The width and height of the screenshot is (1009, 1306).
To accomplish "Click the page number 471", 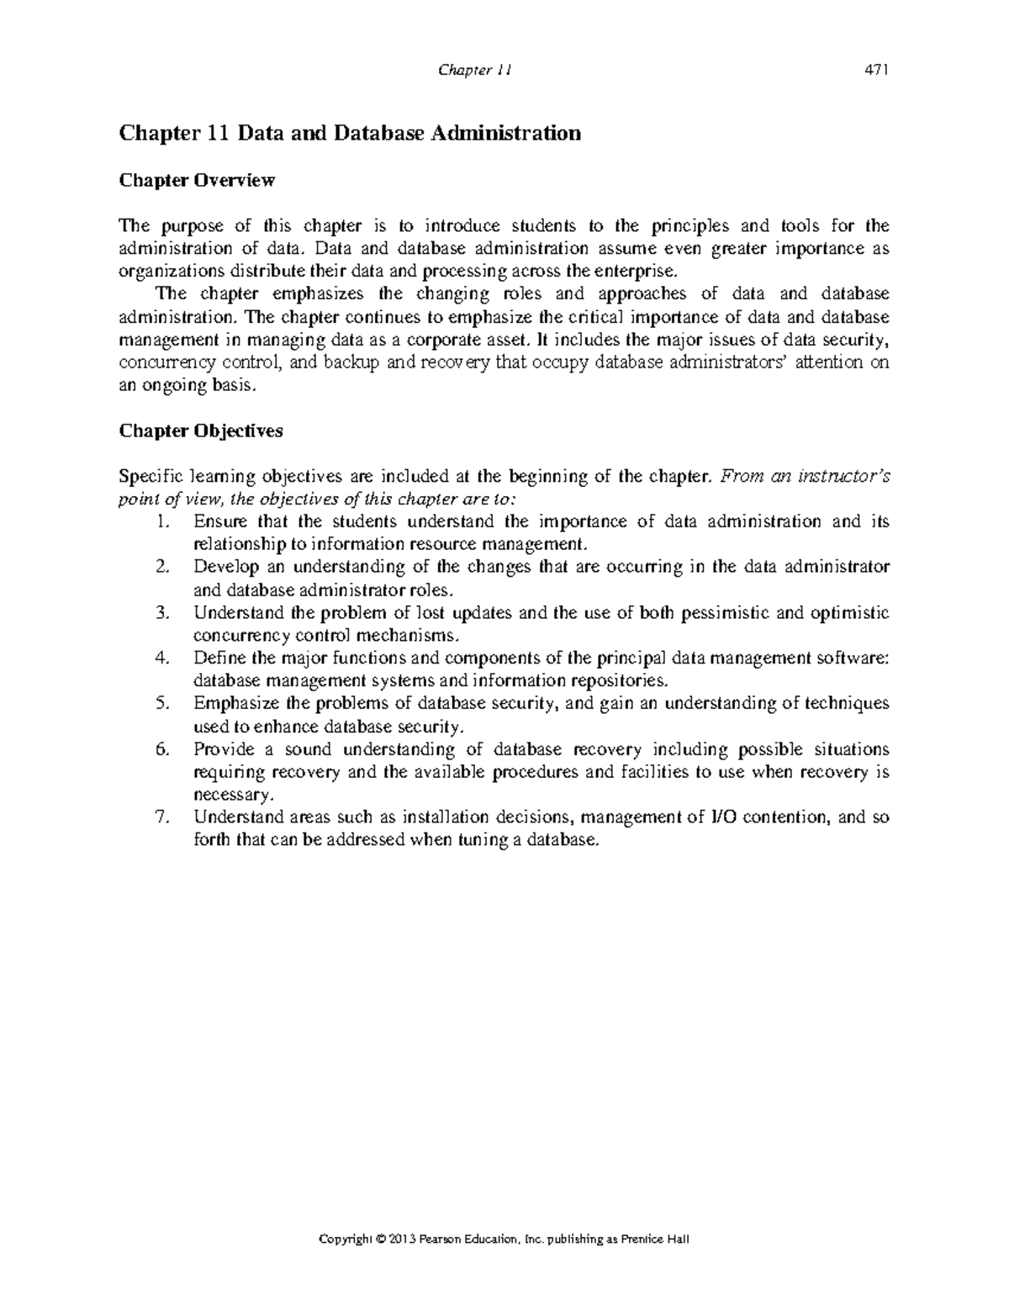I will tap(877, 71).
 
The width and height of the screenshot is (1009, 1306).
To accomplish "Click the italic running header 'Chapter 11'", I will tap(475, 71).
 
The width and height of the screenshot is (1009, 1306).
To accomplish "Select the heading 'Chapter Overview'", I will tap(197, 180).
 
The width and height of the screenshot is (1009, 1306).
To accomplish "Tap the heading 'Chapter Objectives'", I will tap(201, 431).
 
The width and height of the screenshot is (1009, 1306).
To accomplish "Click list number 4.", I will tap(163, 658).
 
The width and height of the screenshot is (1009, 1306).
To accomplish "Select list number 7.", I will tap(163, 817).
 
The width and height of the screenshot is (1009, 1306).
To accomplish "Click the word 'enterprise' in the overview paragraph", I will tap(634, 271).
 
